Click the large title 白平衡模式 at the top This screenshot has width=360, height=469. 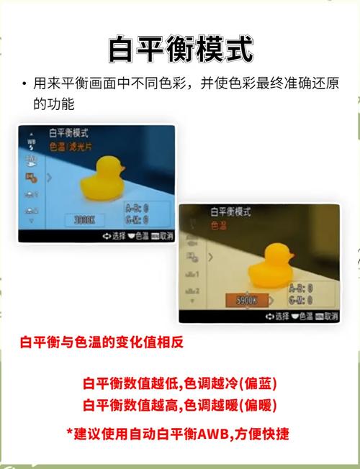tap(180, 48)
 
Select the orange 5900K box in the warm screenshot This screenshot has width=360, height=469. tap(246, 300)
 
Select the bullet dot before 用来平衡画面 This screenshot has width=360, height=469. tap(24, 84)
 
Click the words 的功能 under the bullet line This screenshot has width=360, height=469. tap(53, 104)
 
